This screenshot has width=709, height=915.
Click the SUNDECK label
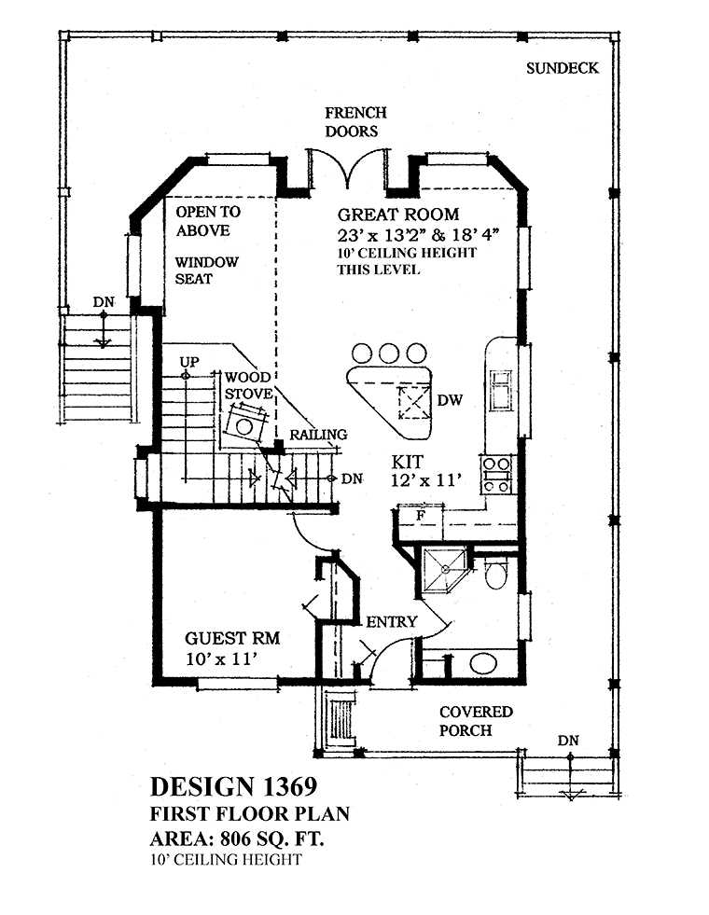click(562, 68)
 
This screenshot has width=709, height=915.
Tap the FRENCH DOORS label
click(355, 121)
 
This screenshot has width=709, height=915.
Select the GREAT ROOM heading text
click(398, 215)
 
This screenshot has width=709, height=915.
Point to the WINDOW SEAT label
click(206, 270)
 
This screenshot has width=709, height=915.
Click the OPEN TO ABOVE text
click(208, 220)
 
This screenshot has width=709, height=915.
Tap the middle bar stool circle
click(389, 354)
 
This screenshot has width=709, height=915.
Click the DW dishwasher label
click(450, 400)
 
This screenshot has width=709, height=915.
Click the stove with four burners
click(496, 475)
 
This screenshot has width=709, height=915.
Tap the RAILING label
click(319, 435)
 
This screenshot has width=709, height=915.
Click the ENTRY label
click(392, 622)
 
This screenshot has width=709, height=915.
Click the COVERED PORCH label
click(476, 721)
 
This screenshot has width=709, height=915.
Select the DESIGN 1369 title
click(233, 786)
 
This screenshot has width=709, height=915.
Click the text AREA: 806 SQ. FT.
click(237, 839)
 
